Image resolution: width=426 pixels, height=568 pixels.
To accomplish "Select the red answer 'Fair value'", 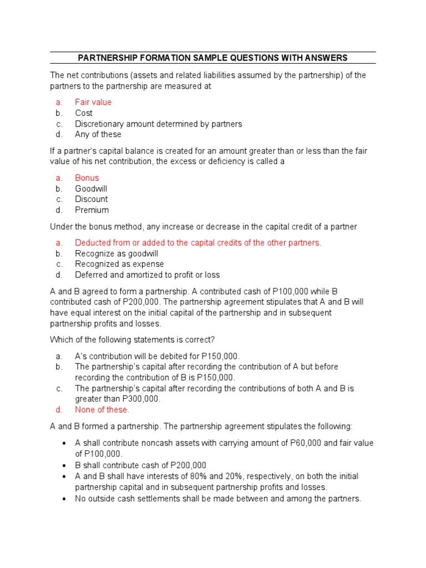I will pyautogui.click(x=93, y=102).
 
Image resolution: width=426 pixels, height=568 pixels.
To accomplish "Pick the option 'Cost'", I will pyautogui.click(x=84, y=113).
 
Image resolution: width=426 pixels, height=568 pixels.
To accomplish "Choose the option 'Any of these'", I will pyautogui.click(x=98, y=134).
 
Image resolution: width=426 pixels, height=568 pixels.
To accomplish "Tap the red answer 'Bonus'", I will pyautogui.click(x=87, y=178).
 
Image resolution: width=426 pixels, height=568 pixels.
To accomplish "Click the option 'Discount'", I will pyautogui.click(x=92, y=199).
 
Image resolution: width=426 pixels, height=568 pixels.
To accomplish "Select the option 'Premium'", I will pyautogui.click(x=92, y=210).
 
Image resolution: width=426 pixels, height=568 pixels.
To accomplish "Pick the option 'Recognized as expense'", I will pyautogui.click(x=119, y=264).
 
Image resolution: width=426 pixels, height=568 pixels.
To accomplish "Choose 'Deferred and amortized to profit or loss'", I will pyautogui.click(x=147, y=275).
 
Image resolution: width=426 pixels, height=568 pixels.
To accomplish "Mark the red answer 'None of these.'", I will pyautogui.click(x=102, y=410).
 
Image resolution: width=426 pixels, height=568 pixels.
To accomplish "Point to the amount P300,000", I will pyautogui.click(x=141, y=399).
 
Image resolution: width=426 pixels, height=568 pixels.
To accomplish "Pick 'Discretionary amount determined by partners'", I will pyautogui.click(x=158, y=124).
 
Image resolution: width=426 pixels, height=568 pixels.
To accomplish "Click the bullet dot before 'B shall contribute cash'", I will pyautogui.click(x=65, y=465).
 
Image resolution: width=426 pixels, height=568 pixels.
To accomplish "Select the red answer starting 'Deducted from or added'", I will pyautogui.click(x=198, y=243).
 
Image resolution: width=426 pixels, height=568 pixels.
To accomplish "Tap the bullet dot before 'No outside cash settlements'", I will pyautogui.click(x=65, y=499).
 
